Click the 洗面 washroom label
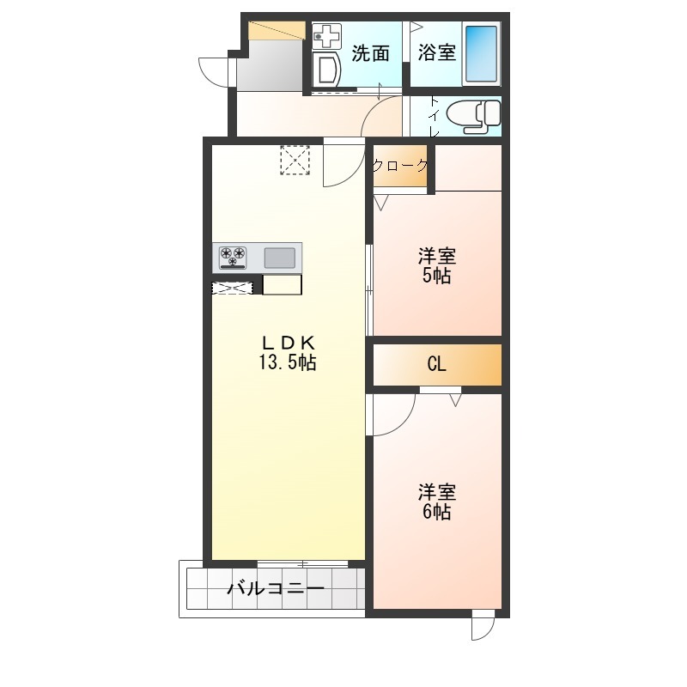370,53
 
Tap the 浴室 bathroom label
437,52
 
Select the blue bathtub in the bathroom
481,53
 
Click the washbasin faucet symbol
326,36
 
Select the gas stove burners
233,257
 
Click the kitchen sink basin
280,258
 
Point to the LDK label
288,342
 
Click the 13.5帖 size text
288,362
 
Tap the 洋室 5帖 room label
437,265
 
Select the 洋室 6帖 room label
437,502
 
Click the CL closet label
436,364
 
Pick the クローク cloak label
400,165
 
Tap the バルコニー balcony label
276,588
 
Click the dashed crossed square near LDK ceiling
295,161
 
